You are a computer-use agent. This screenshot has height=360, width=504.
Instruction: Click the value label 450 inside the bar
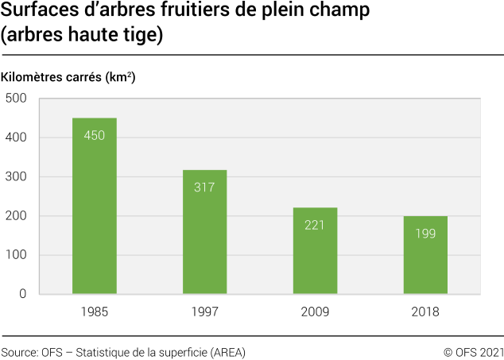click(x=95, y=136)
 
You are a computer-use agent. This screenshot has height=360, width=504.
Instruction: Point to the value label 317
click(x=204, y=188)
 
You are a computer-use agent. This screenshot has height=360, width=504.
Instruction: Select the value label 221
click(x=315, y=225)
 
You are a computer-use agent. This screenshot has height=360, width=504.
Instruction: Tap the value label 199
click(x=425, y=234)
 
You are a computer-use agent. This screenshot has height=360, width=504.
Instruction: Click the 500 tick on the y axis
click(x=16, y=99)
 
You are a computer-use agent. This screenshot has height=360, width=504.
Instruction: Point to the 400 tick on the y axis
click(x=16, y=137)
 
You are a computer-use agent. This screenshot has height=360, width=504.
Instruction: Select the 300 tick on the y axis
click(x=16, y=176)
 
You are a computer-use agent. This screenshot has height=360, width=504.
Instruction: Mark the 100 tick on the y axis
click(x=16, y=255)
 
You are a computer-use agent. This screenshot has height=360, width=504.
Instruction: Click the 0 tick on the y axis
click(x=23, y=294)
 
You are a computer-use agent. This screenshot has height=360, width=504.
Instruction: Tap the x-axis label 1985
click(x=95, y=312)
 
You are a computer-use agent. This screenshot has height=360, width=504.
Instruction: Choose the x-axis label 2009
click(x=315, y=312)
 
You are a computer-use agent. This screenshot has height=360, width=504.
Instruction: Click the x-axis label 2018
click(x=425, y=312)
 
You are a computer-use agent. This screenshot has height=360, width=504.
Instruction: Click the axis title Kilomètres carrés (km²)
click(x=68, y=78)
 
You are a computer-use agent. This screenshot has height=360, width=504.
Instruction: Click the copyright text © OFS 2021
click(x=473, y=351)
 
